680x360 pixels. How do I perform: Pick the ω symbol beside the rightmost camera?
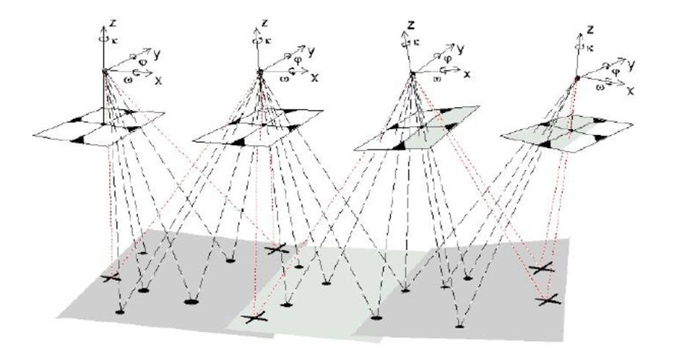pos(599,87)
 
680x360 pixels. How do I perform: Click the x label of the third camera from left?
pos(467,74)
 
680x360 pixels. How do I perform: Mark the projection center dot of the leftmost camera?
pos(105,70)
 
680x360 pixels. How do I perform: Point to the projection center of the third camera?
pos(412,73)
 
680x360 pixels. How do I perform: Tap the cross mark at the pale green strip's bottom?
pos(254,317)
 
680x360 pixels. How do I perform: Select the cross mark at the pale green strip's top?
pos(277,250)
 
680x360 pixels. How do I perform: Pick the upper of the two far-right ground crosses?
pos(542,269)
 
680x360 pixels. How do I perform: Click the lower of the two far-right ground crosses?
pos(547,300)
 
